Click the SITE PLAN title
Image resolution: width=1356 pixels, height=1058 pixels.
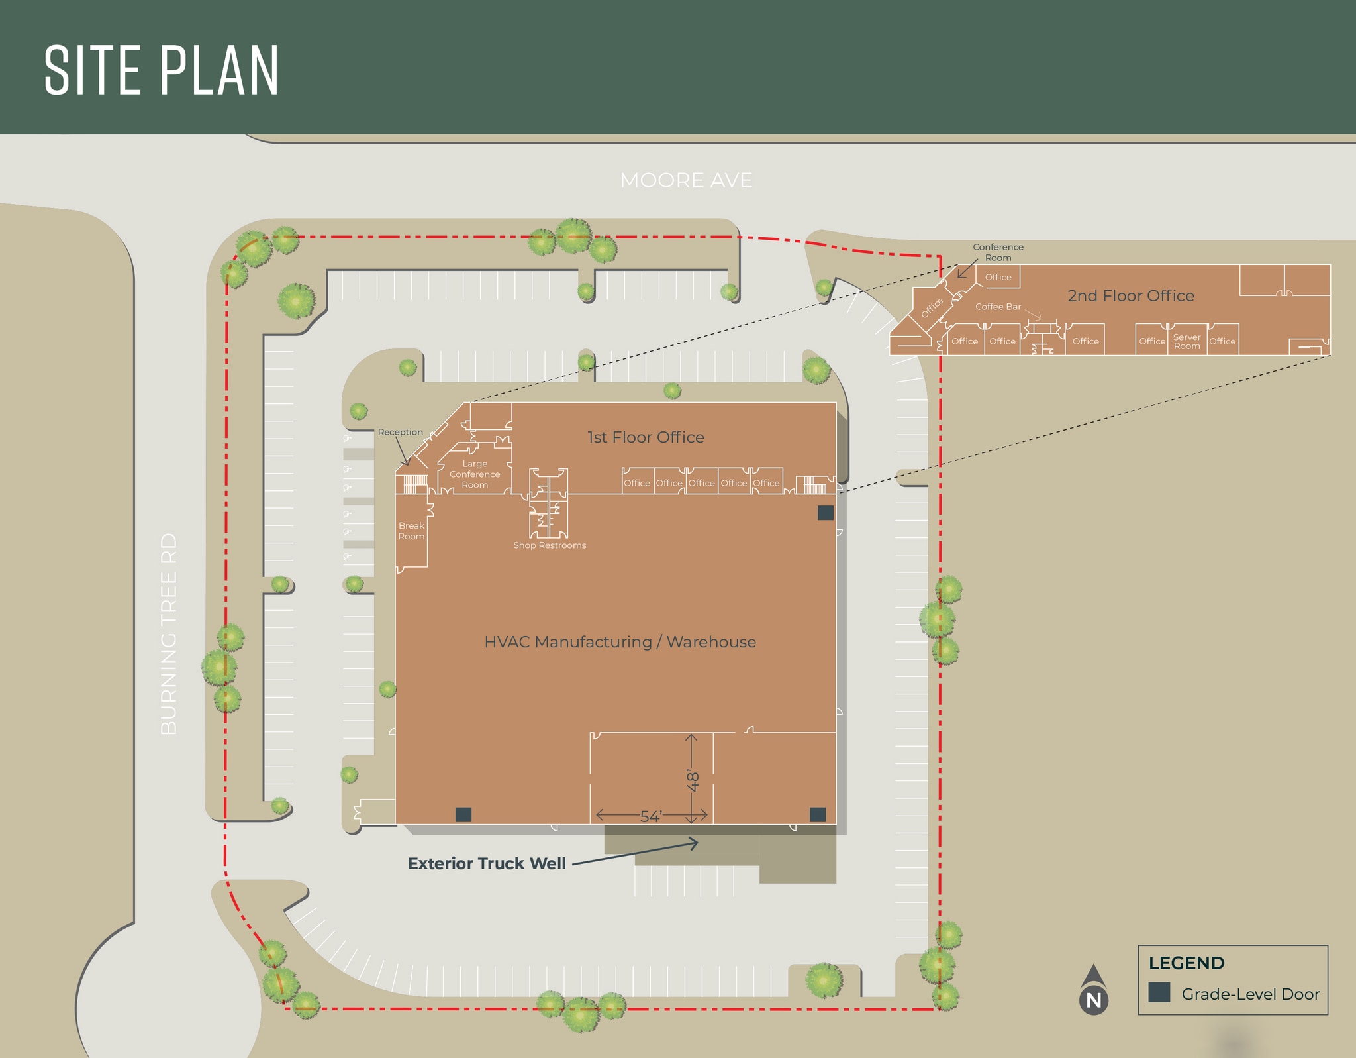point(162,70)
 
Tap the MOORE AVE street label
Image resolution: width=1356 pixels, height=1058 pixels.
point(686,180)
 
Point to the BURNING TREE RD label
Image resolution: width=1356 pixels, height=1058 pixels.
point(169,634)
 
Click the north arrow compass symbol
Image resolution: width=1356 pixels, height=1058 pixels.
point(1094,990)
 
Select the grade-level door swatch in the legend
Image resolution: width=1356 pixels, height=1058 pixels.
point(1159,992)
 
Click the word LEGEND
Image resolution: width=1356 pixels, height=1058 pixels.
point(1186,963)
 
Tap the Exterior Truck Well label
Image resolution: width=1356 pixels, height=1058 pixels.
point(487,863)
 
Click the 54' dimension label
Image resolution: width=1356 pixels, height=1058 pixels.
point(651,816)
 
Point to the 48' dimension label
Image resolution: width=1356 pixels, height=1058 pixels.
point(693,780)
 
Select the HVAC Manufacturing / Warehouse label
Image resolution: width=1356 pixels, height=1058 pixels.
point(620,642)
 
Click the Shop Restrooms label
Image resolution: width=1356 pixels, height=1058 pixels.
point(550,545)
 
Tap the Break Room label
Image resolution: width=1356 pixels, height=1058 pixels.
point(411,531)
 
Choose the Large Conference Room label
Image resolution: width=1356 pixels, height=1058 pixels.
point(475,474)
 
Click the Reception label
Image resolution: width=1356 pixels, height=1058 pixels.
point(400,432)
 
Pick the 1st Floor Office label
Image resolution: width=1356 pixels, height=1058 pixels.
point(646,437)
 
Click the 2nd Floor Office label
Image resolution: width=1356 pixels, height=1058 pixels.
point(1131,295)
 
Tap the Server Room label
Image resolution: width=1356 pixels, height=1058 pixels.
point(1186,341)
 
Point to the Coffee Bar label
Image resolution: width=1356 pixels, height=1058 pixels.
point(998,307)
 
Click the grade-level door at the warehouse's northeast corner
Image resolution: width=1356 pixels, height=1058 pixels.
point(826,512)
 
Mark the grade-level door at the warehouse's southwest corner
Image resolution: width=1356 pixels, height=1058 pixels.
point(463,814)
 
